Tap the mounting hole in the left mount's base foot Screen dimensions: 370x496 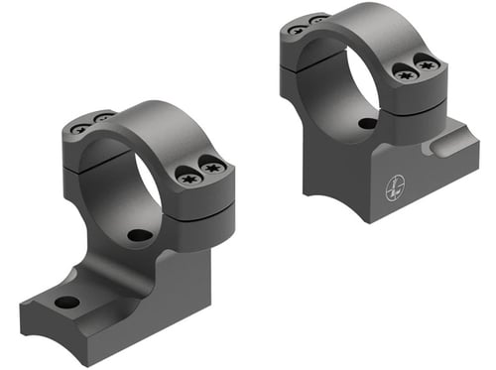pyautogui.click(x=66, y=302)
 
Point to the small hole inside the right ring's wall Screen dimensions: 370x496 pyautogui.click(x=367, y=124)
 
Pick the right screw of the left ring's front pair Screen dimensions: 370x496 pyautogui.click(x=214, y=171)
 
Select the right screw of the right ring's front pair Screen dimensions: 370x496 pyautogui.click(x=428, y=65)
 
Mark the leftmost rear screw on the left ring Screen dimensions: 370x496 pyautogui.click(x=79, y=128)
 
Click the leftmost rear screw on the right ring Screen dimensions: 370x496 pyautogui.click(x=296, y=29)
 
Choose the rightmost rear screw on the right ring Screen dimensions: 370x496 pyautogui.click(x=317, y=19)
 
